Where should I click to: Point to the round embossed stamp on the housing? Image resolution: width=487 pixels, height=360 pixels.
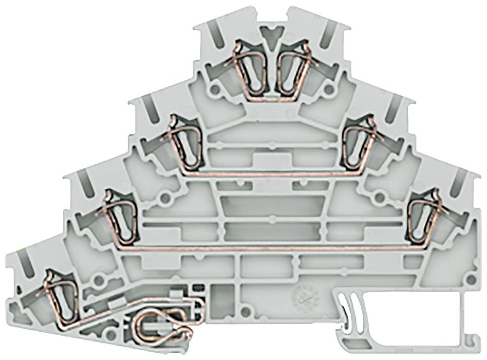pyautogui.click(x=303, y=294)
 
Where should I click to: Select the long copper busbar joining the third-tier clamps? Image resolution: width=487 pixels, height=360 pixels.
pyautogui.click(x=273, y=248)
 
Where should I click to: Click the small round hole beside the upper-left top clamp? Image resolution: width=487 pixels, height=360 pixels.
pyautogui.click(x=215, y=90)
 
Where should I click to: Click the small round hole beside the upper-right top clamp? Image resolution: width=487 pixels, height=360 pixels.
pyautogui.click(x=329, y=89)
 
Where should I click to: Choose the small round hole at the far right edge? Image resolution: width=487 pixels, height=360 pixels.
pyautogui.click(x=470, y=280)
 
